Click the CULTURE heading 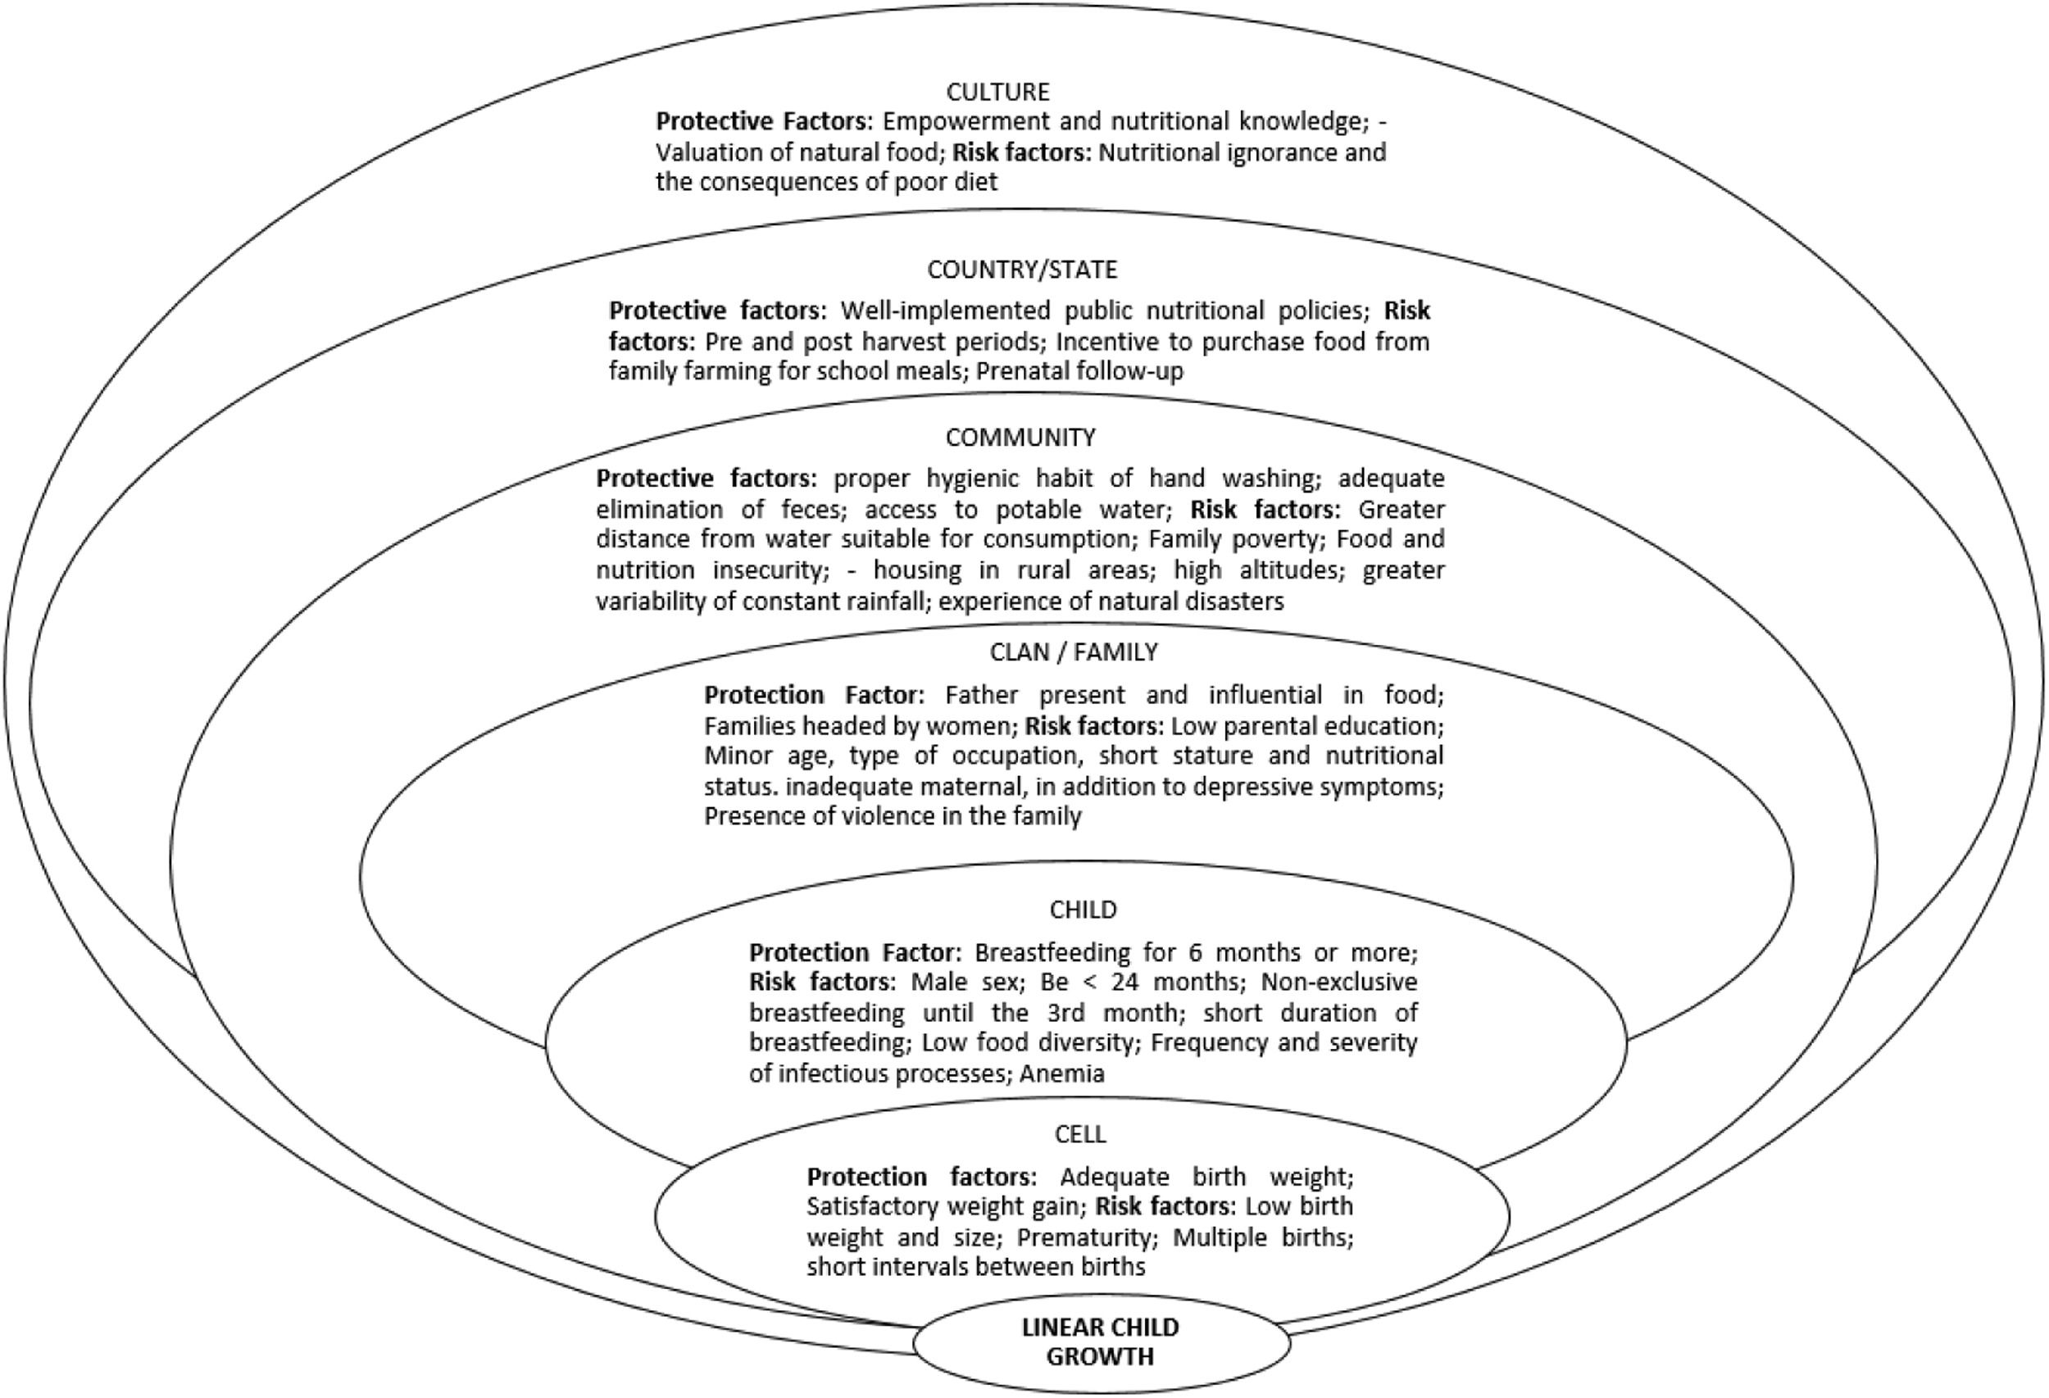(x=998, y=92)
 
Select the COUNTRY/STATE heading (x=1022, y=269)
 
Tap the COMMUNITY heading (x=1020, y=438)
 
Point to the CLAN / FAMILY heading (x=1073, y=651)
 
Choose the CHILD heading (x=1083, y=909)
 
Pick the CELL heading (x=1080, y=1133)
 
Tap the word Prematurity (x=1085, y=1237)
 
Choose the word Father (x=981, y=695)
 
